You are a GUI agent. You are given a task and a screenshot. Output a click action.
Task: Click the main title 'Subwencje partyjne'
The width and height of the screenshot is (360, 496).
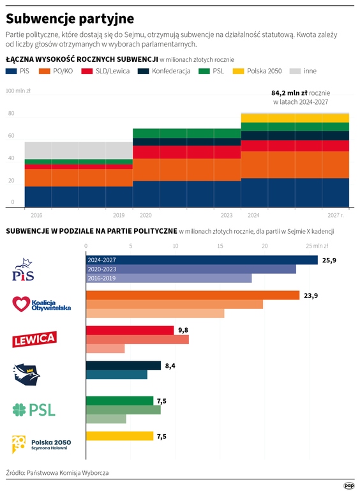click(x=70, y=18)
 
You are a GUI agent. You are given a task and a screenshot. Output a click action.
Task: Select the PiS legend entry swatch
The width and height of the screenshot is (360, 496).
click(x=11, y=71)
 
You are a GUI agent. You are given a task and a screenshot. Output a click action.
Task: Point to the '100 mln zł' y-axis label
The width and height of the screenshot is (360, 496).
click(x=19, y=91)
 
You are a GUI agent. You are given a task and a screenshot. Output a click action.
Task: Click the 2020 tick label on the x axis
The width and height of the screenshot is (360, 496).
click(x=145, y=215)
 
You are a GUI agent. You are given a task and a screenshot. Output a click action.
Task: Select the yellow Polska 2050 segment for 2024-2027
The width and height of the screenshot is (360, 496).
click(x=295, y=118)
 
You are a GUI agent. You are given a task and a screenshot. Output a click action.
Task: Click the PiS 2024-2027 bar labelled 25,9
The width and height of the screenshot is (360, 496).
click(x=201, y=260)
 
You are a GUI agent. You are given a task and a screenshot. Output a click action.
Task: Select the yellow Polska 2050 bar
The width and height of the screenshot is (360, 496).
click(x=119, y=436)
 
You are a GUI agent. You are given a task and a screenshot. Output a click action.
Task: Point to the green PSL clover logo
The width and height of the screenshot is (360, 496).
click(x=21, y=409)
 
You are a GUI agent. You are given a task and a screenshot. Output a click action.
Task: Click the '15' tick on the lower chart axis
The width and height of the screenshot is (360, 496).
click(x=220, y=246)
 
